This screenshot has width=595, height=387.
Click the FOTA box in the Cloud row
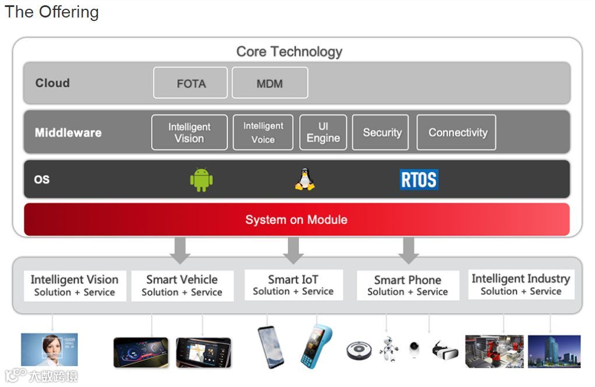coord(191,83)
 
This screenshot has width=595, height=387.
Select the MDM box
coord(270,83)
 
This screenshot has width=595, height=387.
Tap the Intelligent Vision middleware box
coord(189,132)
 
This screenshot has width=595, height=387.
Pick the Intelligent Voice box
coord(263,132)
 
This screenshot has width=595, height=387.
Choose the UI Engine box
coord(323,132)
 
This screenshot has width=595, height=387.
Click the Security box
coord(382,132)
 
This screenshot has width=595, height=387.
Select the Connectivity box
coord(457,132)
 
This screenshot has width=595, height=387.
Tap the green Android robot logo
coord(201,180)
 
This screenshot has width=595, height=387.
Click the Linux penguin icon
coord(304,180)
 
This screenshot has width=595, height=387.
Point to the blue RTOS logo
coord(419,180)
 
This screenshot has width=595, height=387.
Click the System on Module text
coord(296,220)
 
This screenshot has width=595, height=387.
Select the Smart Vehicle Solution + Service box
coord(182,286)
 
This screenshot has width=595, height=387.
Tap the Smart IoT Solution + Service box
coord(293,285)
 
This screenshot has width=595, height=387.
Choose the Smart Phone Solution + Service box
coord(407,286)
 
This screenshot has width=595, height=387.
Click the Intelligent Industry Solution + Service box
coord(521,284)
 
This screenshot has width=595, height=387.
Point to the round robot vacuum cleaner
coord(359,350)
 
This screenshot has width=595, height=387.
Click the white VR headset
coord(445,350)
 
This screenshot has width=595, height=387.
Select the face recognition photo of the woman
coord(49,350)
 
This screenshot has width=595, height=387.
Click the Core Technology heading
coord(289,51)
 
